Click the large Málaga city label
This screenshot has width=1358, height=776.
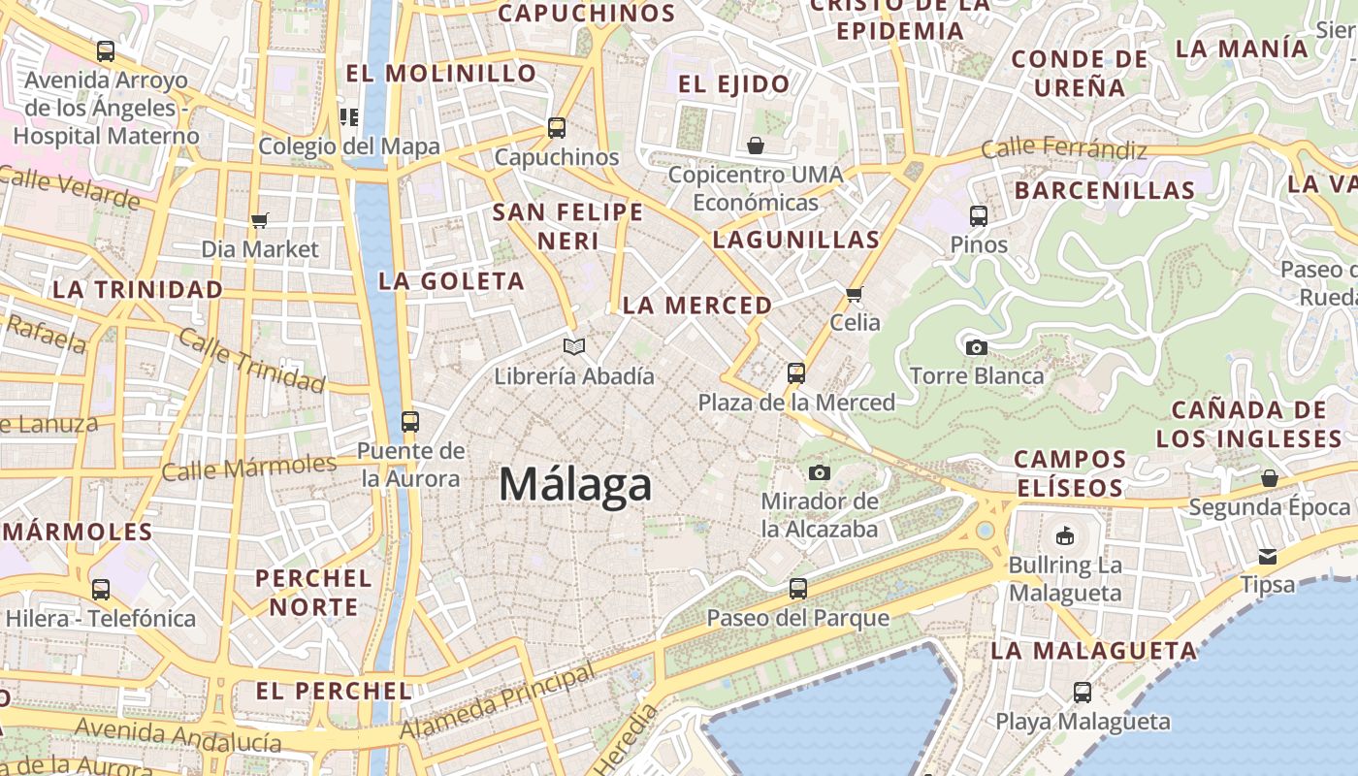point(575,484)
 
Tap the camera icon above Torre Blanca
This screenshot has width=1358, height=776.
point(977,347)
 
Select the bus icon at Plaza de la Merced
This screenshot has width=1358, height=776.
point(796,373)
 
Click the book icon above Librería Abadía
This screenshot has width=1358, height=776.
point(574,346)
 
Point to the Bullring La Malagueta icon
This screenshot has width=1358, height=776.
point(1065,535)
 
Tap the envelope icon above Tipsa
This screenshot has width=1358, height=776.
point(1268,557)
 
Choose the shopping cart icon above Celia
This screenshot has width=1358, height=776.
point(855,294)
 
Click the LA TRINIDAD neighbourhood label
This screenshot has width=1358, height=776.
point(138,289)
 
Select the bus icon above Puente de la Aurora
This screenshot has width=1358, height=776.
point(410,422)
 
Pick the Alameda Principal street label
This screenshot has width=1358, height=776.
point(498,700)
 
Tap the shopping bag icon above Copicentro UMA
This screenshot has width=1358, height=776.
point(756,145)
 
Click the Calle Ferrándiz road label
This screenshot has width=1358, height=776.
point(1064,149)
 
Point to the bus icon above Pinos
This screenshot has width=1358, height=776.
point(979,215)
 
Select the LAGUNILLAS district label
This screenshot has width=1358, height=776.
point(796,240)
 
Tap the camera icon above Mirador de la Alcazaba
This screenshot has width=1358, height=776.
point(820,472)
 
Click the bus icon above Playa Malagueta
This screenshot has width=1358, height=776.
point(1083,693)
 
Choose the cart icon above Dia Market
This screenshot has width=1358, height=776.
point(259,220)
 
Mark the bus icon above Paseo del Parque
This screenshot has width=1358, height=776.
point(797,588)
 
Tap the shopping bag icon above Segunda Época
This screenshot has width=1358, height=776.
point(1270,478)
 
